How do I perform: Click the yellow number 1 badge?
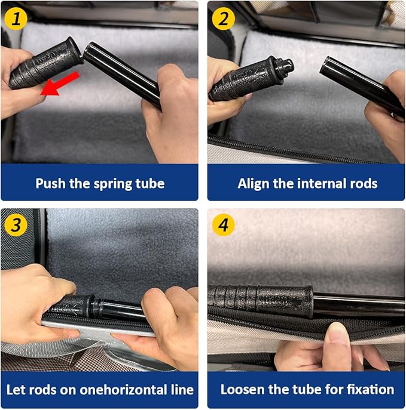coord(16,19)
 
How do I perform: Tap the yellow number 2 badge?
coord(223,19)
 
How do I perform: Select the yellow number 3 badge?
coord(16,224)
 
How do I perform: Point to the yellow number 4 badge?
coord(223,224)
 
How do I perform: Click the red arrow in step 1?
coord(60,84)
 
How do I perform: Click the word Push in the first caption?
coord(50,183)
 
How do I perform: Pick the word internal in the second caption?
coord(306,183)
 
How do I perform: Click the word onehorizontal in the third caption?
coord(123,390)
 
